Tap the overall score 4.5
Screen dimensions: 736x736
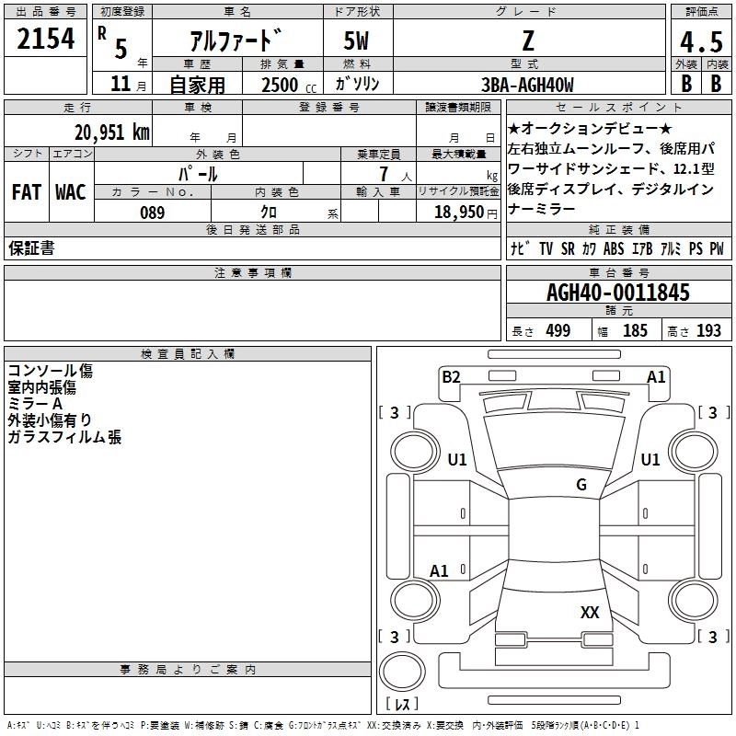(x=699, y=41)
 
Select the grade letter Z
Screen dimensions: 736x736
(x=527, y=40)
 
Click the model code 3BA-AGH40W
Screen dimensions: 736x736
(x=527, y=85)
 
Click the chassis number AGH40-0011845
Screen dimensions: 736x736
(x=617, y=293)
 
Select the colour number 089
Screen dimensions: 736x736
(x=152, y=213)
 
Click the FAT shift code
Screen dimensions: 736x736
(x=26, y=192)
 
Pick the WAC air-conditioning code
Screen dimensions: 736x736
(x=70, y=192)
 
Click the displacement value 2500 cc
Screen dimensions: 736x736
(x=280, y=85)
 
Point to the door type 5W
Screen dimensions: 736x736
(x=357, y=40)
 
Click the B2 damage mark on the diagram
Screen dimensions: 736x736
(x=451, y=375)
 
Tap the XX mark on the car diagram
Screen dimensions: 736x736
(x=590, y=612)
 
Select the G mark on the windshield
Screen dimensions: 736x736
(x=581, y=485)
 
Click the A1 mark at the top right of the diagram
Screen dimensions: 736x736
(x=656, y=375)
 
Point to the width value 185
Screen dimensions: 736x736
(x=635, y=330)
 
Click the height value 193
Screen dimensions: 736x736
(x=708, y=330)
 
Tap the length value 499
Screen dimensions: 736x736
(x=558, y=330)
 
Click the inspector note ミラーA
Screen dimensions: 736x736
(x=34, y=404)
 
